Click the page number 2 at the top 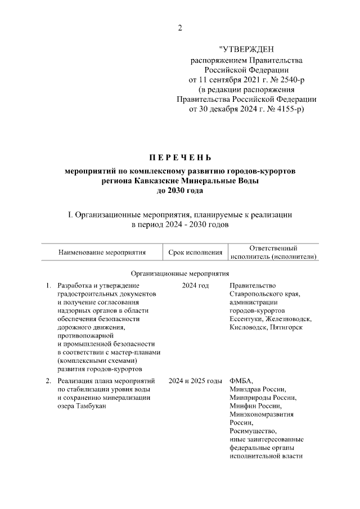click(180, 28)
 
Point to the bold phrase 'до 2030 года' click(180, 191)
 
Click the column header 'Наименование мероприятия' click(102, 253)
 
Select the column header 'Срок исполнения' click(196, 253)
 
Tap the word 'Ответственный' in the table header click(273, 248)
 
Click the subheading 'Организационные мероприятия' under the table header click(180, 274)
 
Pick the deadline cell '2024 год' click(196, 286)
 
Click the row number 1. click(48, 286)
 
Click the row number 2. click(48, 381)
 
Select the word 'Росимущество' click(253, 431)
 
